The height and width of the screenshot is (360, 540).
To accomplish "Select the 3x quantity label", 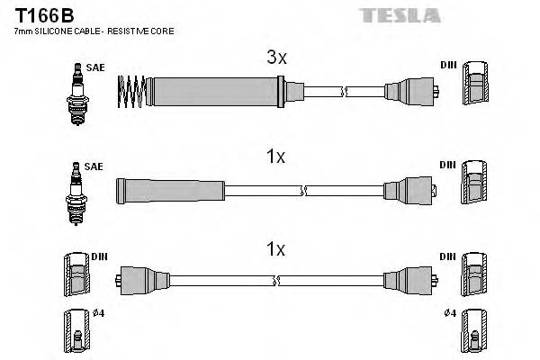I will pos(275,58).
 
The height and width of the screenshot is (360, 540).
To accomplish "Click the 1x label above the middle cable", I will pos(275,157).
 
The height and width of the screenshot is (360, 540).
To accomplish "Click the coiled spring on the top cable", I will pos(133,90).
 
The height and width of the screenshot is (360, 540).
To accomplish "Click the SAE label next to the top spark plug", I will pos(94,67).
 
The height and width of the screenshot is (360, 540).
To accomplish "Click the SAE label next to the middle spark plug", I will pos(94,166).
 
